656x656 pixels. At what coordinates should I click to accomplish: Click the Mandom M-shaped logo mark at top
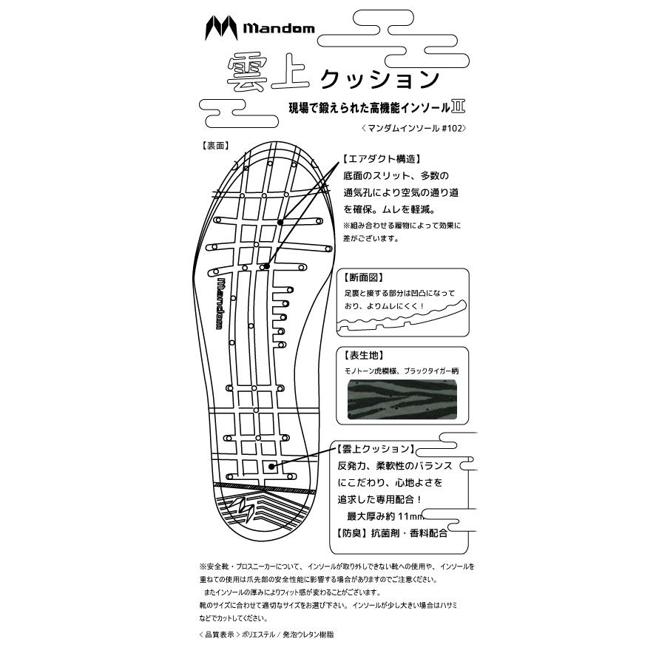point(220,29)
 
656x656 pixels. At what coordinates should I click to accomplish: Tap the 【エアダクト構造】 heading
point(382,159)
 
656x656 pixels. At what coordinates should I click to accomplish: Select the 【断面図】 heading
point(363,279)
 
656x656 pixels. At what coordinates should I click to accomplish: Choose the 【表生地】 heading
point(363,354)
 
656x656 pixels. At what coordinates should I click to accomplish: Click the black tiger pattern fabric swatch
point(401,399)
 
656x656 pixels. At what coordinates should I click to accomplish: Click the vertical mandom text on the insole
point(221,302)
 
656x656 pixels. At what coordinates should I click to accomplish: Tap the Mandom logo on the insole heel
point(245,510)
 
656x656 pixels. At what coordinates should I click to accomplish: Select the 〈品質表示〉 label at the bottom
point(217,635)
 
